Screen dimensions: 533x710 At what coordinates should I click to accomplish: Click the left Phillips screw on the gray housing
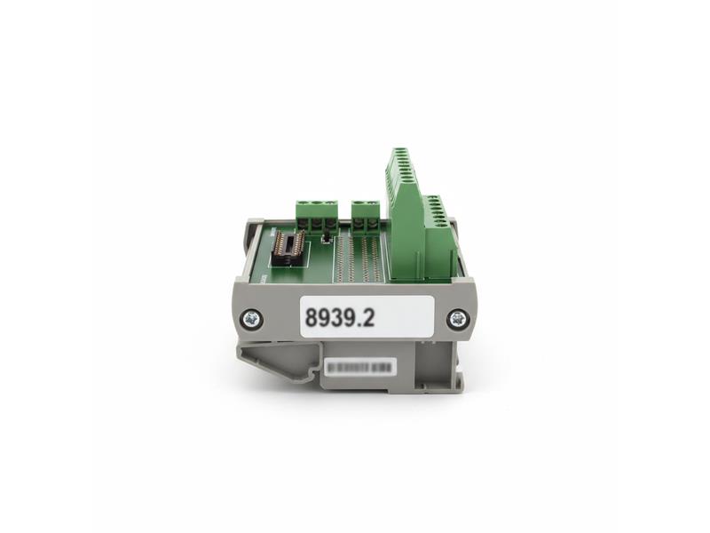[x=251, y=316]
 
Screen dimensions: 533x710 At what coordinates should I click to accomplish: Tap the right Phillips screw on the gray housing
[x=457, y=317]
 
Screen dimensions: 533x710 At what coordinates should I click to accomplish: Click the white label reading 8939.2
[x=367, y=316]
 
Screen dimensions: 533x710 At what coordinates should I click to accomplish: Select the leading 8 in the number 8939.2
[x=312, y=317]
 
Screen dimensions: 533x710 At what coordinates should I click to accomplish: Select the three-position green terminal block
[x=316, y=214]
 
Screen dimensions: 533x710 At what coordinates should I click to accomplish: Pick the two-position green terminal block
[x=366, y=214]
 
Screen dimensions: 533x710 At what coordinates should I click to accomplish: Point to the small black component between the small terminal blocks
[x=327, y=238]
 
